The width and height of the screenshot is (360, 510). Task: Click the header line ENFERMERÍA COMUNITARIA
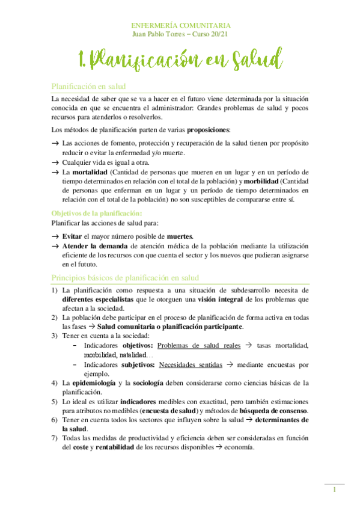[180, 25]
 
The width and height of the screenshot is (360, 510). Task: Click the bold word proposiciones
[209, 130]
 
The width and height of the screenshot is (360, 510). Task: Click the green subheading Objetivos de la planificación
[97, 214]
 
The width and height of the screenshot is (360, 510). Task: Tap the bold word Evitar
[73, 236]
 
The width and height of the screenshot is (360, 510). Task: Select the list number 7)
[54, 438]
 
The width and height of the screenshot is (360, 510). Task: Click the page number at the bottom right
[334, 490]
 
